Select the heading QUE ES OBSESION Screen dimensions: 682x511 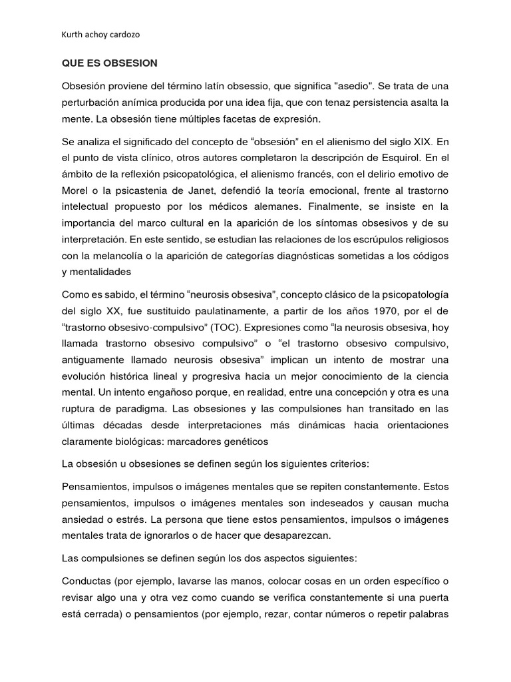coord(109,63)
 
